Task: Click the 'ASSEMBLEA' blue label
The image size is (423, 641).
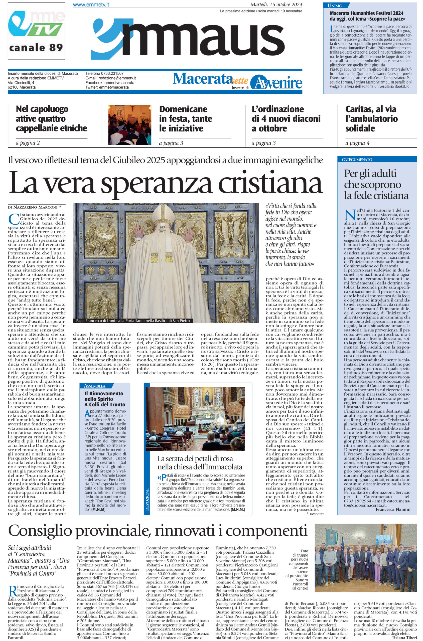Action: (95, 386)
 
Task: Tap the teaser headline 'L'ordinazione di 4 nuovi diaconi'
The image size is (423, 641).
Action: (286, 119)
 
